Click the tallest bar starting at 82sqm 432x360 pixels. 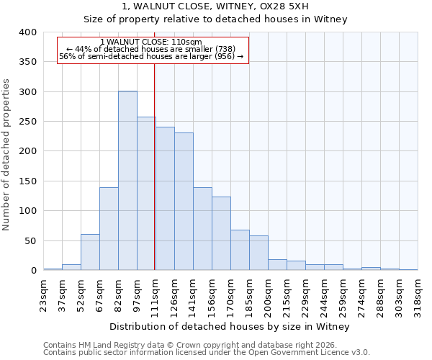tap(127, 181)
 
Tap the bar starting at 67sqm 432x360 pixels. tap(109, 229)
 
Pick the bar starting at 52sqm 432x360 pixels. tap(90, 252)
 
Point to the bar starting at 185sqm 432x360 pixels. tap(258, 253)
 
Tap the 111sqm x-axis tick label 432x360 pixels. tap(156, 294)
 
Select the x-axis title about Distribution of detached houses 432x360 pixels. tap(230, 326)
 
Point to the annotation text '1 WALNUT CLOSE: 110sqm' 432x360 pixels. tap(151, 42)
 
